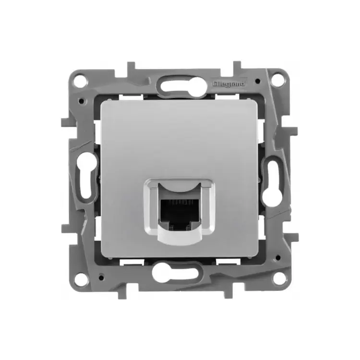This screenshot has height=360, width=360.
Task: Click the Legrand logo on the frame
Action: click(x=229, y=84)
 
